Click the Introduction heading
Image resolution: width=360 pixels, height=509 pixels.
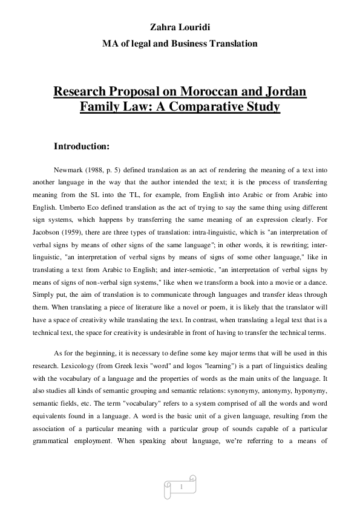[x=82, y=146]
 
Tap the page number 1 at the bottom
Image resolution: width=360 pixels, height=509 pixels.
[x=180, y=486]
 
